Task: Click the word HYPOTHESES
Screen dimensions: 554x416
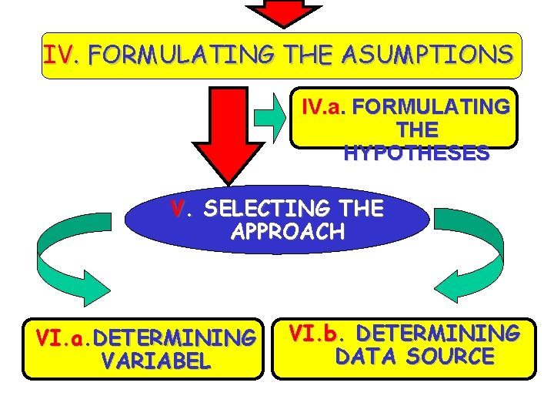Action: [x=416, y=153]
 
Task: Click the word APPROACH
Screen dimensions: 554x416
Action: [x=287, y=232]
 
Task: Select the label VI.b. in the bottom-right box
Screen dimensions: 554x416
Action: [x=315, y=334]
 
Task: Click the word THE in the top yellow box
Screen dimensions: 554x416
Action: [x=311, y=55]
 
